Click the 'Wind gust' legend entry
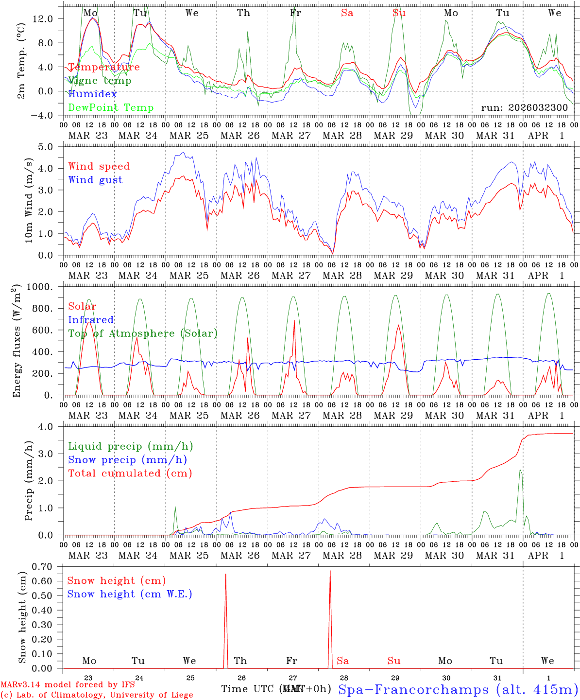[95, 180]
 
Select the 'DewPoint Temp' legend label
[111, 107]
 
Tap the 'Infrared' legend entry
[91, 320]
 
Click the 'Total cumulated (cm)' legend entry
[130, 473]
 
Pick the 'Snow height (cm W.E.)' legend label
[130, 594]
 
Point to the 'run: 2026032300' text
[524, 107]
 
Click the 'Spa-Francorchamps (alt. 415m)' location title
[458, 689]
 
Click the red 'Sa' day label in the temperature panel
[347, 13]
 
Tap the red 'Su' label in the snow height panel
[393, 661]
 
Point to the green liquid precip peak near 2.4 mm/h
[520, 469]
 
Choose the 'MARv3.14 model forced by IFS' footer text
[68, 685]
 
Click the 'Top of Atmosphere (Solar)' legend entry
[142, 333]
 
